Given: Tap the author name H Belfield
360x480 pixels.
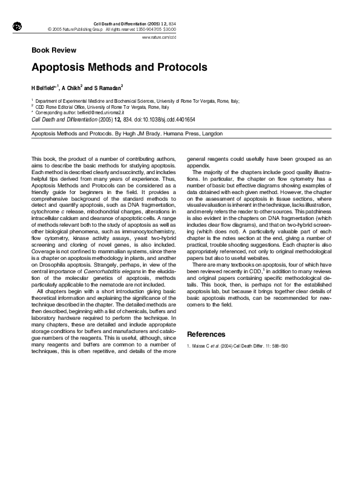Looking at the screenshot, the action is [x=44, y=88].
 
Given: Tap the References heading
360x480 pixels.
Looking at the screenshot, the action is [x=206, y=334].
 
